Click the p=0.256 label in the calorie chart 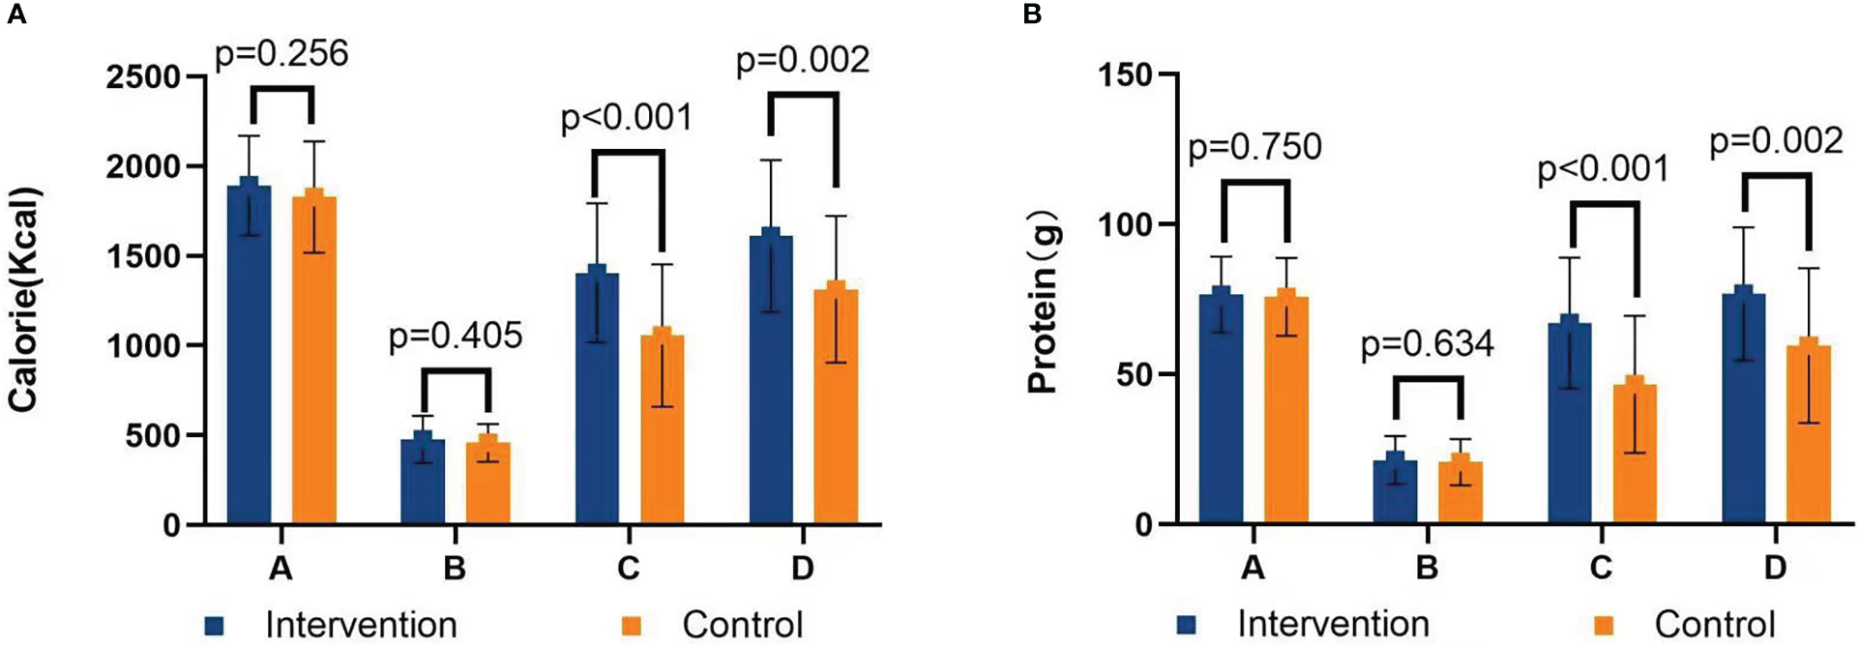(280, 54)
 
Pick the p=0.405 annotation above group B (455, 337)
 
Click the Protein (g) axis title (1045, 305)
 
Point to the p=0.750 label (1254, 148)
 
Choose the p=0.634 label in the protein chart (1427, 345)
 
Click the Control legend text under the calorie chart (742, 625)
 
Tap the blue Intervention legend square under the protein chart (1186, 626)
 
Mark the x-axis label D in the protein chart (1774, 568)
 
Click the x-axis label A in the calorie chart (280, 568)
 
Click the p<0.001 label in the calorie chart (627, 119)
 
